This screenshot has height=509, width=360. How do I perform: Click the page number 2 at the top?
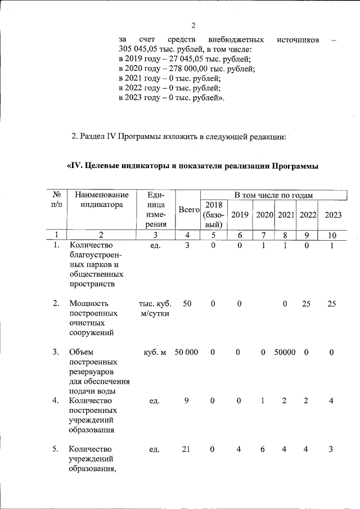coord(193,25)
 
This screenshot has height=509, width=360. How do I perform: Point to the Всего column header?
coord(189,210)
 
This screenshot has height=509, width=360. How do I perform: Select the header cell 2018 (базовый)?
coord(214,214)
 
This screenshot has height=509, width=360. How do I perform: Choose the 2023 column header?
coord(332,215)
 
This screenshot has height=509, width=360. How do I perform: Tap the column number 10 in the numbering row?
coord(332,235)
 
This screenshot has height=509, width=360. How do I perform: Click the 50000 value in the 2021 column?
coord(285,352)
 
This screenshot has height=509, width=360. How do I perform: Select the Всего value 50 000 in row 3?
coord(186,352)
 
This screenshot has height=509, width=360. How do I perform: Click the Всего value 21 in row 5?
coord(186,449)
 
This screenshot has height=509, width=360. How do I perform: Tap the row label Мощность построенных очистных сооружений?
coord(93,318)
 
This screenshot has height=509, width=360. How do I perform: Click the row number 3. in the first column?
coord(56,352)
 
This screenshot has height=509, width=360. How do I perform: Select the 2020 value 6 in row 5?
coord(263,449)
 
